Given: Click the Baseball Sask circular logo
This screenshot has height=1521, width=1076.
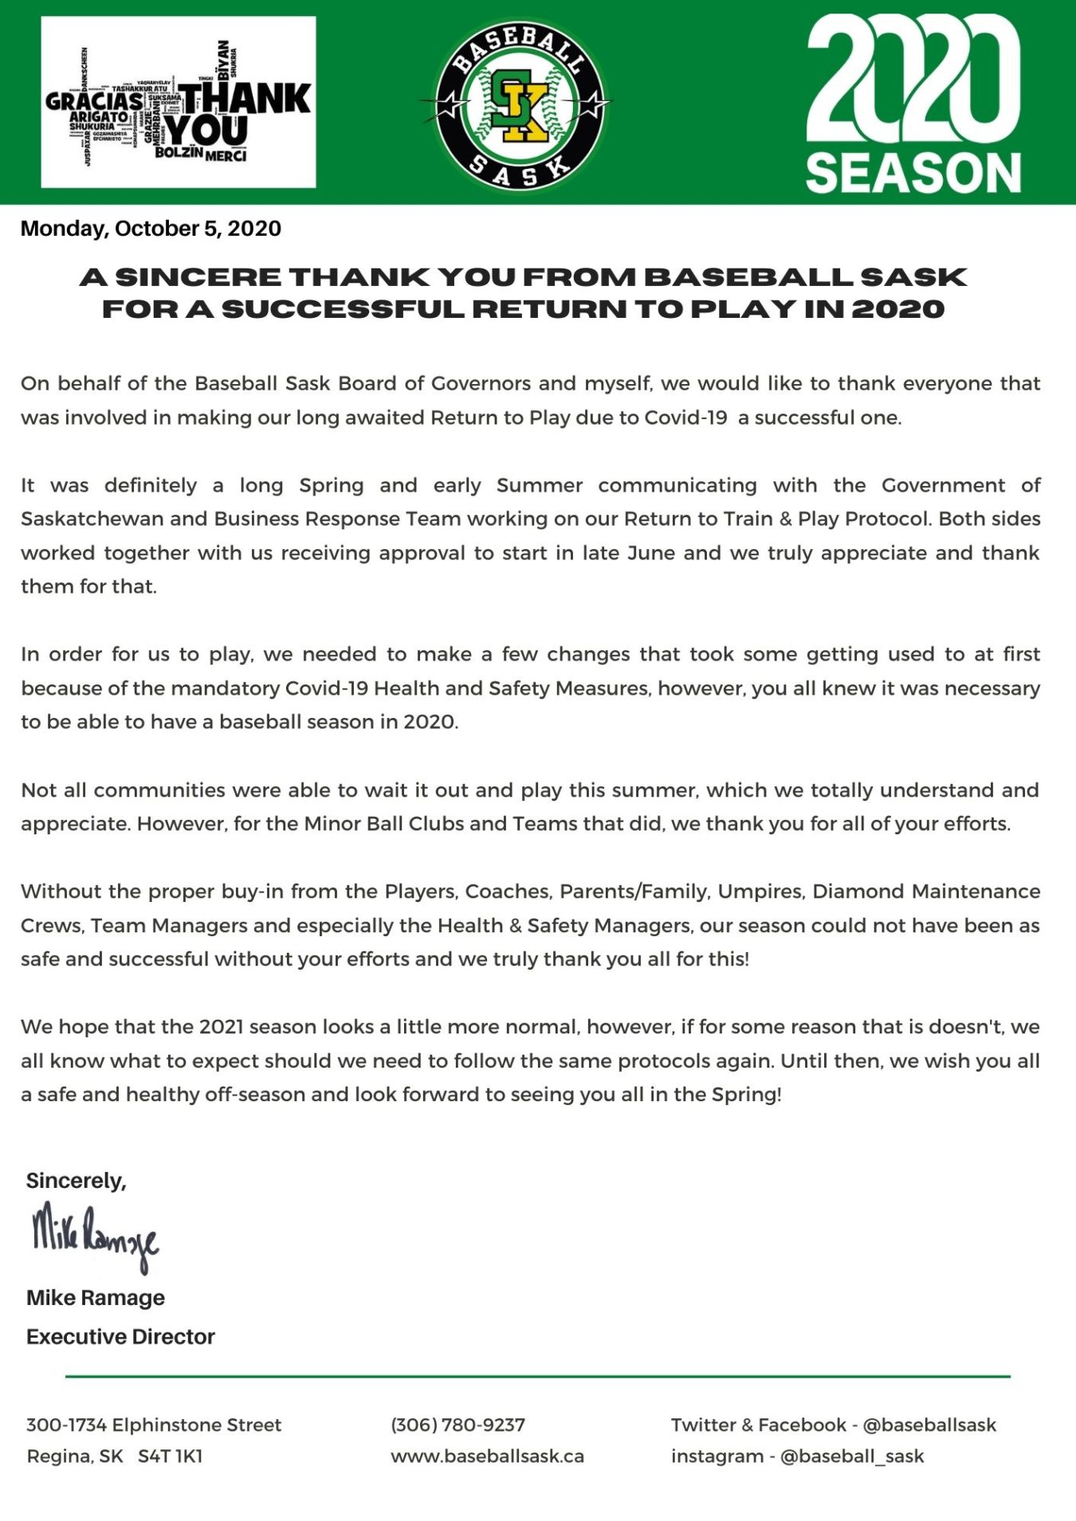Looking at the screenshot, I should click(520, 104).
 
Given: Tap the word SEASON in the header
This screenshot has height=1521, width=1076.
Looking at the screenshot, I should click(913, 173).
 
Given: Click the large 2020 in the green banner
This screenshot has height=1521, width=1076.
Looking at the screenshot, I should click(913, 80).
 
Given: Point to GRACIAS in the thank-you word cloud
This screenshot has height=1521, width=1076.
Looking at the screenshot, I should click(94, 101).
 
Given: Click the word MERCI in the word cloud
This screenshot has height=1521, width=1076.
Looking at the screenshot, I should click(226, 155).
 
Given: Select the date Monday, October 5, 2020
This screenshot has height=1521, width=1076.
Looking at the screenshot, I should click(151, 229).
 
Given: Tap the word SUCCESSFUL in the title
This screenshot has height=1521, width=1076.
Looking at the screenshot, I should click(343, 309).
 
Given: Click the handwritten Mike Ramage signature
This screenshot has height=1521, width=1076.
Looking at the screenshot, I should click(95, 1234).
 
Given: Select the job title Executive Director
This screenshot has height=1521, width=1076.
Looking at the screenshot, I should click(120, 1336).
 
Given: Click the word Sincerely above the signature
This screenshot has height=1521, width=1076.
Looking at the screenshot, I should click(76, 1180).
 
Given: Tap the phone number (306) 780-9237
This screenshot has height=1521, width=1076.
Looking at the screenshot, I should click(457, 1425).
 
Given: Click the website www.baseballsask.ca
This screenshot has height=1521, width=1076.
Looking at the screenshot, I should click(487, 1456).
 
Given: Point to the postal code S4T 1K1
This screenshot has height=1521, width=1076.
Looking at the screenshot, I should click(170, 1456).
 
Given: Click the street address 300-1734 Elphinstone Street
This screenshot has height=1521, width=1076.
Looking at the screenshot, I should click(154, 1425).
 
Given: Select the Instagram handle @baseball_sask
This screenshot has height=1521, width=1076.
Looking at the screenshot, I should click(852, 1456).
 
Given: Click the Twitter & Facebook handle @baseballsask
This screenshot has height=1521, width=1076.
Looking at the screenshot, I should click(929, 1425).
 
